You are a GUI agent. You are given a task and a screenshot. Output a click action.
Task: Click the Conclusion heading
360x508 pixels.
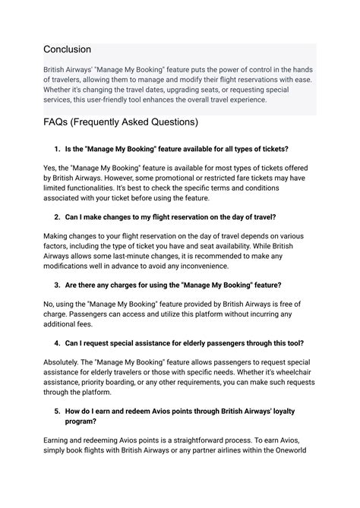(67, 49)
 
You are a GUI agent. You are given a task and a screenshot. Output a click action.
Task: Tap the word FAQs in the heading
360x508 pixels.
(61, 123)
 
